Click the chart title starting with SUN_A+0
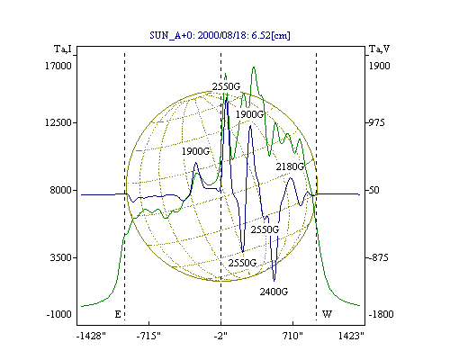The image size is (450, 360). pos(220,35)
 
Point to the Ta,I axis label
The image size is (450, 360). pos(63,49)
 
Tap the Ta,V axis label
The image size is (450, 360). pos(380,49)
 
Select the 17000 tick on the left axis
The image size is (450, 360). pos(58,66)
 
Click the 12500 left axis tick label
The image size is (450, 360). pos(58,122)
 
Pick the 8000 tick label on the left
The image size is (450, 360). pos(61,190)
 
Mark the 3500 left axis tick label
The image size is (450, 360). pos(61,257)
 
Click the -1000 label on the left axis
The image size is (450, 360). pos(59,314)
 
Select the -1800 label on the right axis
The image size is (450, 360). pos(381,314)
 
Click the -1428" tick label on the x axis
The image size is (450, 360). pos(91,336)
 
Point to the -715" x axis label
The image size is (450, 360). pos(148,336)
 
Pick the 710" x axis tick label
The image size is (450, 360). pos(292,336)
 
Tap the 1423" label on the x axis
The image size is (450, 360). pos(351,336)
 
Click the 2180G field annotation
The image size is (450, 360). pos(290,166)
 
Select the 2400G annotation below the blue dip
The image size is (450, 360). pos(274,292)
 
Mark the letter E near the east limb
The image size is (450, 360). pos(118,314)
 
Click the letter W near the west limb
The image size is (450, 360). pos(327,314)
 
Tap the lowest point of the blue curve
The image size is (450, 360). pos(274,281)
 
